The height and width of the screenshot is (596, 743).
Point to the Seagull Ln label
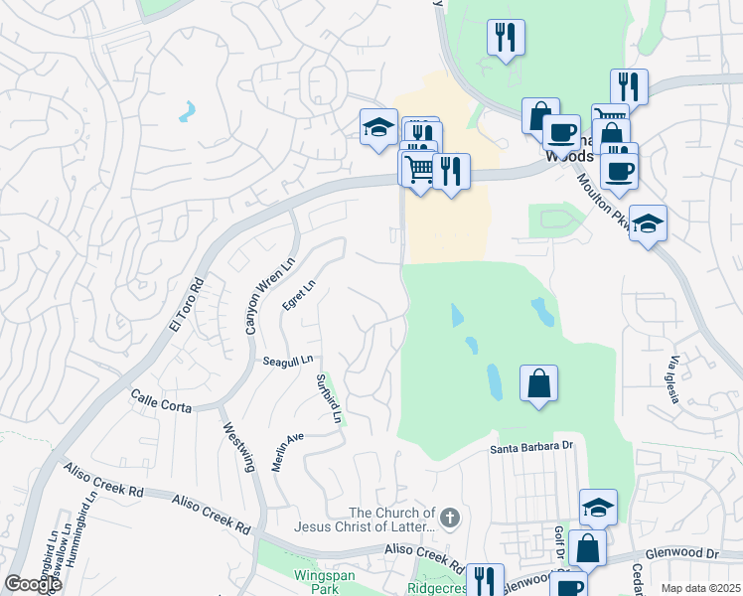pos(288,360)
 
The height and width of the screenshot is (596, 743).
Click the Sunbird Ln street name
pos(329,398)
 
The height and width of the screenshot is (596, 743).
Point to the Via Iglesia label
pos(672,378)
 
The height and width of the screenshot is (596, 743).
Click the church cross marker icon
pos(449,517)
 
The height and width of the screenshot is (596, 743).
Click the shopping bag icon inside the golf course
pos(538,382)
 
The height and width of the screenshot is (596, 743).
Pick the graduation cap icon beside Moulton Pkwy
pos(648,223)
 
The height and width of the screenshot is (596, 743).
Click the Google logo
pos(33,584)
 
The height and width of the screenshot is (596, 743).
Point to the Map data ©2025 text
pos(700,588)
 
